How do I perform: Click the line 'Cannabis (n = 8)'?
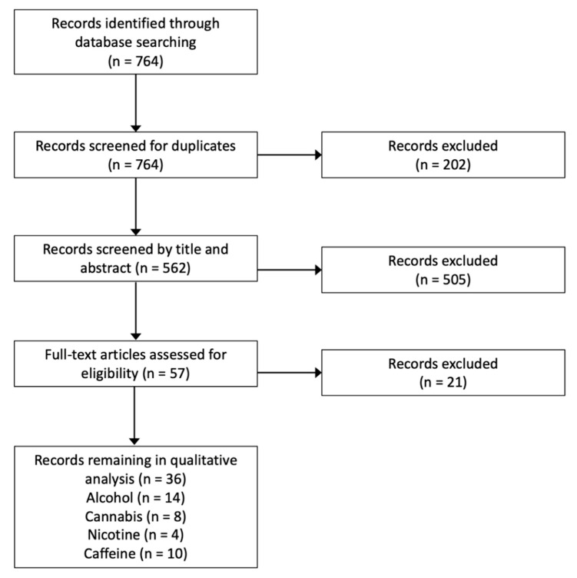(x=135, y=516)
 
